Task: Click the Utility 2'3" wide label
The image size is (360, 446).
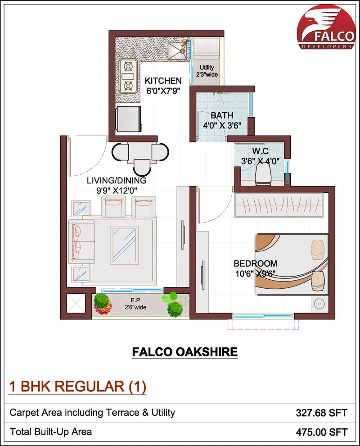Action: click(207, 71)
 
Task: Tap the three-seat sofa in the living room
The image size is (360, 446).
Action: click(82, 241)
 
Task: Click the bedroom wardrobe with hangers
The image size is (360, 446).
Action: click(279, 205)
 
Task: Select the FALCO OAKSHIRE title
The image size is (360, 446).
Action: click(184, 351)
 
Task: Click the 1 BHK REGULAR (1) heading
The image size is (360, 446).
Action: click(78, 387)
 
